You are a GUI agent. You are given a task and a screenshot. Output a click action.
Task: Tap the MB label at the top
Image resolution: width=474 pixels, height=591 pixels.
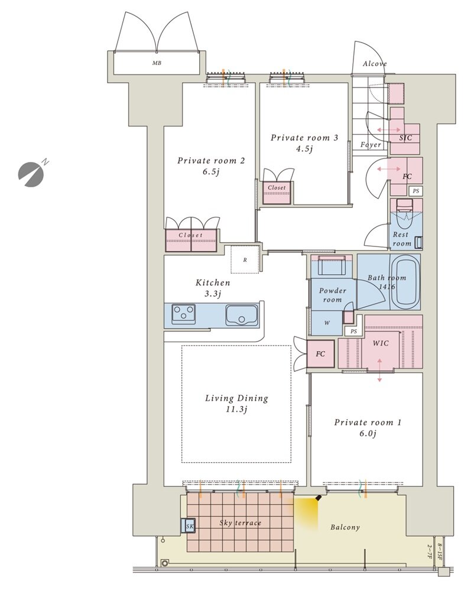157,63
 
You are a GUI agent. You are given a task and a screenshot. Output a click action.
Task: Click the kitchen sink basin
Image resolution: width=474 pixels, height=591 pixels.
242,315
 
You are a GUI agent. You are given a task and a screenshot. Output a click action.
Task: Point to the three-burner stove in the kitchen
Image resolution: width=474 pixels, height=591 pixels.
184,314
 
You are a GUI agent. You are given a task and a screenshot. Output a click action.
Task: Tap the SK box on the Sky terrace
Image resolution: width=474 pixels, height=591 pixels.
189,526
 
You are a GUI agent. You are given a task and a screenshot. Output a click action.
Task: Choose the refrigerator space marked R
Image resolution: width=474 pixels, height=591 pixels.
245,259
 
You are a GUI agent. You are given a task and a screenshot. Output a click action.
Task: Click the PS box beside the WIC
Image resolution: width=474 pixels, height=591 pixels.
353,332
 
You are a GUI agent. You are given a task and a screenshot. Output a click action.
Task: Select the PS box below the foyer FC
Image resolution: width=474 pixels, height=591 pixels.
415,191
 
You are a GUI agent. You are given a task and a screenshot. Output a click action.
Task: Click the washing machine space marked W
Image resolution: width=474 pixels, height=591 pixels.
327,323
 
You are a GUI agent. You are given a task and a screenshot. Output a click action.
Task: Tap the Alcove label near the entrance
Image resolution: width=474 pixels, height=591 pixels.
375,64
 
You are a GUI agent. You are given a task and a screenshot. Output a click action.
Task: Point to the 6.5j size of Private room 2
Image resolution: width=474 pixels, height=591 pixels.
211,172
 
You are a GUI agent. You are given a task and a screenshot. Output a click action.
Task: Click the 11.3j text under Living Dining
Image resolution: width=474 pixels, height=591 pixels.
236,410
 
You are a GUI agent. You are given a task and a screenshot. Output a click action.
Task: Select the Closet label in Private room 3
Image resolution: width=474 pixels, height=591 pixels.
277,187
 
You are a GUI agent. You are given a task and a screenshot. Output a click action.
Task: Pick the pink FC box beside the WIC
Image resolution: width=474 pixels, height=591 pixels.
320,353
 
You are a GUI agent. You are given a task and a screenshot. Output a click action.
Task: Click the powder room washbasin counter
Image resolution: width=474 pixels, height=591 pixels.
331,267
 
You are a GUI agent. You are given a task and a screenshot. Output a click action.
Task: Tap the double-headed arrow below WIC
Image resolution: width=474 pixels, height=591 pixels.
379,371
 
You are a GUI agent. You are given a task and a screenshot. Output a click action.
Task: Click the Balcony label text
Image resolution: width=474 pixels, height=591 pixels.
345,527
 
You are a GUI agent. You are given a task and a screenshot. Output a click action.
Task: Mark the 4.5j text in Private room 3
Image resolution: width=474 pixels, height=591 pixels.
304,149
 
